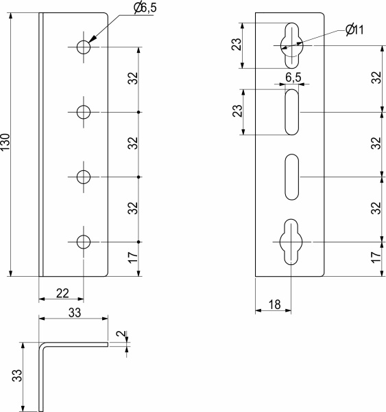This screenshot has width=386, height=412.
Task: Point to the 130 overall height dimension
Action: pos(6,144)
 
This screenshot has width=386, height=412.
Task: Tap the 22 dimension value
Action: pos(62,293)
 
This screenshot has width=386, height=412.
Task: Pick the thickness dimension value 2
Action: pos(121,335)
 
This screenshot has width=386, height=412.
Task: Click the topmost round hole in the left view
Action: pos(84,47)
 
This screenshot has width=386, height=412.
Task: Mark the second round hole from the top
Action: pos(84,112)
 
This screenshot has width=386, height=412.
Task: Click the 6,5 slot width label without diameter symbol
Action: pos(293,77)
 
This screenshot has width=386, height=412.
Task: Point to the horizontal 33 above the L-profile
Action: pos(73,312)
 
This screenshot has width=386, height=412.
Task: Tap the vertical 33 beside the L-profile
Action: pos(18,376)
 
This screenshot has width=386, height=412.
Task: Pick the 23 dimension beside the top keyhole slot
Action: pos(235,45)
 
